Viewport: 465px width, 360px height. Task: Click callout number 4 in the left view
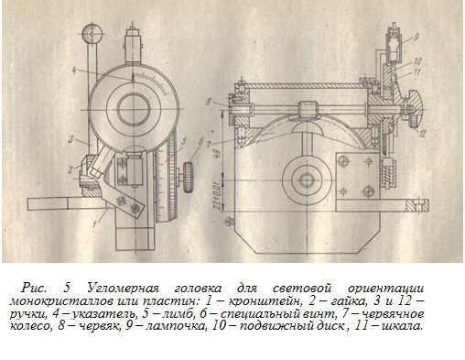point(74,71)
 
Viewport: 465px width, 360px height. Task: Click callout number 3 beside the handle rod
point(70,140)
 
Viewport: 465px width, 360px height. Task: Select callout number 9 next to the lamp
point(416,38)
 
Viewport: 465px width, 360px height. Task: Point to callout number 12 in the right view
point(421,133)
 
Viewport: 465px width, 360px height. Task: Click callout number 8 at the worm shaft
point(209,102)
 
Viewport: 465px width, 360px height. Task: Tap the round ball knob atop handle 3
point(92,33)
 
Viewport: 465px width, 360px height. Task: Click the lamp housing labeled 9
point(394,45)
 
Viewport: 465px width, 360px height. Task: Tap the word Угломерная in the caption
point(124,289)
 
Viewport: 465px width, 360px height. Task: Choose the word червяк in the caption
point(98,326)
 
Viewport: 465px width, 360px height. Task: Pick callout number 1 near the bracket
point(94,224)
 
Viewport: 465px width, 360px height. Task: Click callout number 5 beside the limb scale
point(184,142)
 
